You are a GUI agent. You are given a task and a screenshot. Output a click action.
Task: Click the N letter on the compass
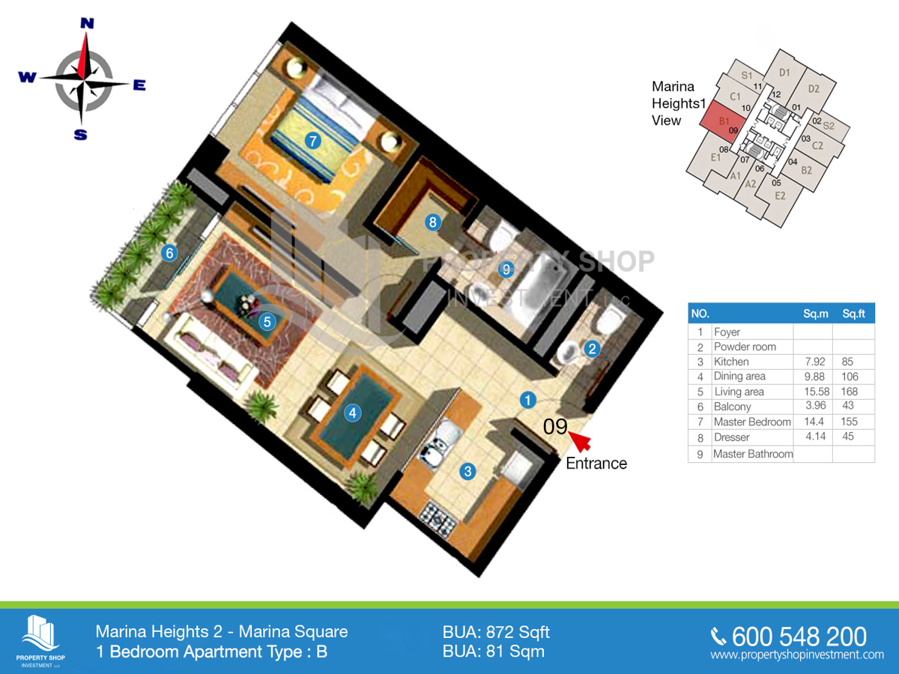coord(87,23)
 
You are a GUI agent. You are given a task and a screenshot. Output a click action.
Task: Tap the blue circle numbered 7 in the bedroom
coord(313,142)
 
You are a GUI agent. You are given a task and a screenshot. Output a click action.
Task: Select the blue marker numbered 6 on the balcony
coord(169,253)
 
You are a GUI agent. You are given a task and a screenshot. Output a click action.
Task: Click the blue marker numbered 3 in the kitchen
coord(467,472)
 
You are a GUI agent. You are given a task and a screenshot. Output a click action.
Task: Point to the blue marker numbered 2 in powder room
coord(592,349)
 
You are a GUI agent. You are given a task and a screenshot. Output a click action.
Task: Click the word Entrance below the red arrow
coord(596,464)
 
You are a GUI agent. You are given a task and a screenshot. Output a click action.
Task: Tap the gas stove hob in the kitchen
coord(438,519)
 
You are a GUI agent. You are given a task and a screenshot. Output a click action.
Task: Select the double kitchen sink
coord(438,445)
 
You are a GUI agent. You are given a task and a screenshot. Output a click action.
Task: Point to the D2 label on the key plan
coord(814,89)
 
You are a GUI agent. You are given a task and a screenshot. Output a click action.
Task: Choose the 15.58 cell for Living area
coord(817,392)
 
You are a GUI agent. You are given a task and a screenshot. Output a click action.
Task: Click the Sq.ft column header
coord(853,314)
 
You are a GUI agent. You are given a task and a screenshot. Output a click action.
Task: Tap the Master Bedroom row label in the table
coord(752,422)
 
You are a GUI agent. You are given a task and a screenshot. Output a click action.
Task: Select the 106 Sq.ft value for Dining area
coord(850,377)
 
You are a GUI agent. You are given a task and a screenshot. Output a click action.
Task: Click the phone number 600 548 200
coord(799,637)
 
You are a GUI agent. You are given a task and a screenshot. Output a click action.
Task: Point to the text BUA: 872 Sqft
coord(496,632)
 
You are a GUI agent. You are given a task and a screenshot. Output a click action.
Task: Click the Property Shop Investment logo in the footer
coord(40,641)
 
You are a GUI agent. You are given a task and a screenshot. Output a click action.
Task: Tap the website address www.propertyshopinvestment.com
coord(797,655)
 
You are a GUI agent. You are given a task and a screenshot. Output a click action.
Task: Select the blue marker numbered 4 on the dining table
coord(353,413)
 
